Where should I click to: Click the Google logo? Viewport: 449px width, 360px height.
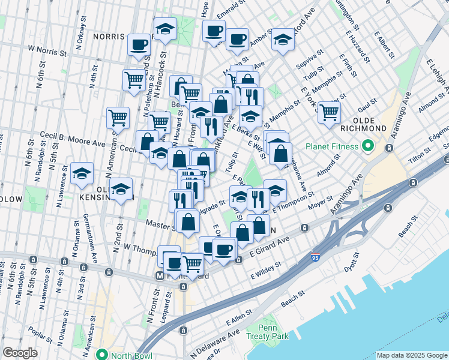20,353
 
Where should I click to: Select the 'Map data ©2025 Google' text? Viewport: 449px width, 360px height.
411,355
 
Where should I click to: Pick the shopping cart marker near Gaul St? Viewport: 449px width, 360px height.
329,112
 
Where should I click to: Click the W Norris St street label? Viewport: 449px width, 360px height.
45,52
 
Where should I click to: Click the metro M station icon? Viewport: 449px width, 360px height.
160,276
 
